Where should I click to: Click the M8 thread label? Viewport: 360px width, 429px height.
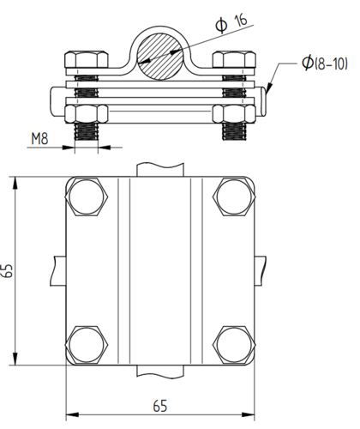pyautogui.click(x=39, y=139)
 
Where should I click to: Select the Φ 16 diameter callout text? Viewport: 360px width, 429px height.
pyautogui.click(x=231, y=23)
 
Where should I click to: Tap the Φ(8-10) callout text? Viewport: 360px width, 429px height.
pyautogui.click(x=325, y=63)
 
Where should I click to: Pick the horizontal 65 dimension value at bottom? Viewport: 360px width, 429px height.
pyautogui.click(x=160, y=406)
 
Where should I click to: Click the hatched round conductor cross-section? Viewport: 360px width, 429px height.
pyautogui.click(x=160, y=56)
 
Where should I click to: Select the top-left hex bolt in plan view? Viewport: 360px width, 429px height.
pyautogui.click(x=87, y=196)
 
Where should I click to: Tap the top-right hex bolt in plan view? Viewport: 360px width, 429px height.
pyautogui.click(x=234, y=196)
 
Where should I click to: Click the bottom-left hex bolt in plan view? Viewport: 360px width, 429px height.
pyautogui.click(x=87, y=345)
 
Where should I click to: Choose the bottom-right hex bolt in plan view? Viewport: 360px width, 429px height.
pyautogui.click(x=234, y=345)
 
